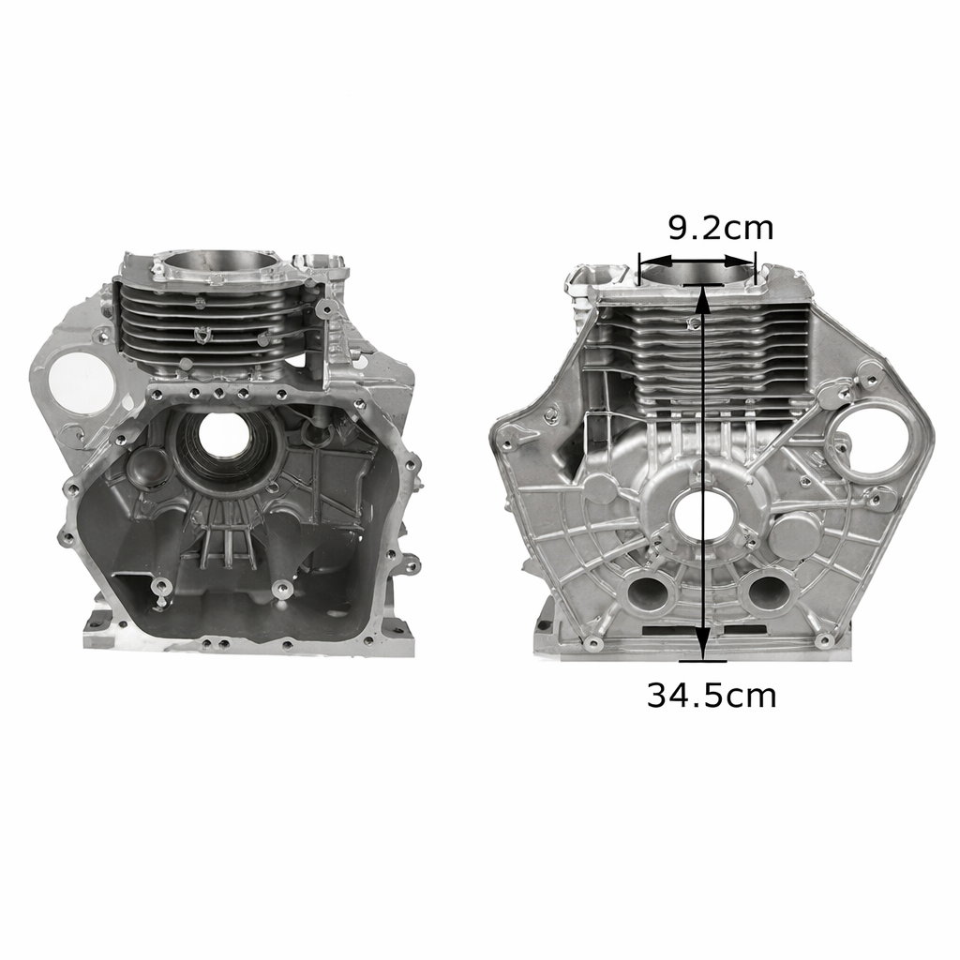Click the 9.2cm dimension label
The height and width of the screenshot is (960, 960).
click(x=721, y=228)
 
